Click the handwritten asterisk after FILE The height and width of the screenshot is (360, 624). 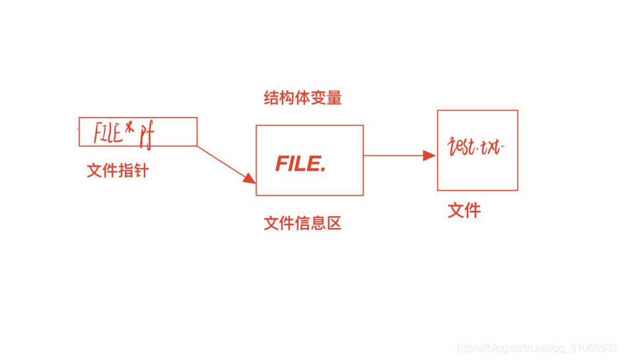130,128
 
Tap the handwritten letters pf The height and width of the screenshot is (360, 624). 146,135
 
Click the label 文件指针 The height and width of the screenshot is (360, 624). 118,171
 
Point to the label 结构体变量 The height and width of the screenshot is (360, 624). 303,98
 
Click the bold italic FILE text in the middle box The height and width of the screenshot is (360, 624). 298,164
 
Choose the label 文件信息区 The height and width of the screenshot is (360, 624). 302,223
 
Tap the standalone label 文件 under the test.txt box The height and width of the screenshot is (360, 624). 464,211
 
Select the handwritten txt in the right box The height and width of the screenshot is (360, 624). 491,147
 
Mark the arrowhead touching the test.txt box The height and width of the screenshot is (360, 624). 430,156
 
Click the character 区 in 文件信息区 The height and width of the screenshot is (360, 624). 334,223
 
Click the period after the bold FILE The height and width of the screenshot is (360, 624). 323,170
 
